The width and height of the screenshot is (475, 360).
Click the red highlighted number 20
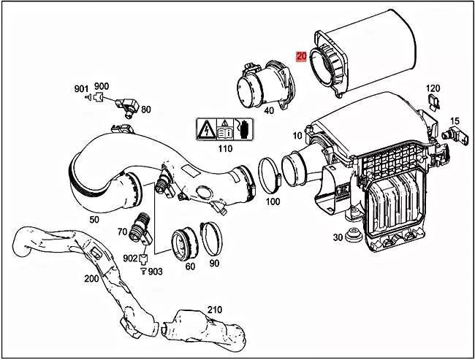click(301, 55)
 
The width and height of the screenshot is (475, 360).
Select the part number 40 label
click(269, 111)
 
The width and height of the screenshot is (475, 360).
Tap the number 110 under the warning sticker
click(225, 149)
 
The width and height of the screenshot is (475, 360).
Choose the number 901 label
click(81, 88)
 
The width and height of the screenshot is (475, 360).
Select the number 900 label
click(102, 87)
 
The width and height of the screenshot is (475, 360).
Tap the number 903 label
click(156, 271)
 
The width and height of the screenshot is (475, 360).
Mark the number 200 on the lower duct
click(91, 278)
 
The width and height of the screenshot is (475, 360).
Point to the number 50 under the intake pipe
click(94, 220)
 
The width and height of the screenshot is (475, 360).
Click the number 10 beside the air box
click(297, 136)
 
